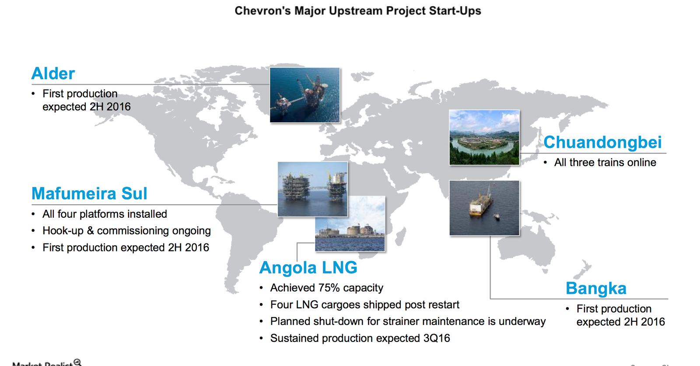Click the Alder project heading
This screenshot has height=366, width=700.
pyautogui.click(x=53, y=73)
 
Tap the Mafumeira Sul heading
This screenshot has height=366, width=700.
pyautogui.click(x=89, y=193)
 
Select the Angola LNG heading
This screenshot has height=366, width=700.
pyautogui.click(x=308, y=267)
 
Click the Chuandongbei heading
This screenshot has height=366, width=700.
pyautogui.click(x=602, y=142)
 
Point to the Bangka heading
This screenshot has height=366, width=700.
pyautogui.click(x=596, y=288)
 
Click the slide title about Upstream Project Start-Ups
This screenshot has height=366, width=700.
pyautogui.click(x=357, y=10)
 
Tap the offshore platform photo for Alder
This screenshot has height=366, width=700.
pyautogui.click(x=304, y=95)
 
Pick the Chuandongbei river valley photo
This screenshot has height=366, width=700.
pyautogui.click(x=484, y=137)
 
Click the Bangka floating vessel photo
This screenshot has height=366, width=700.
pyautogui.click(x=484, y=208)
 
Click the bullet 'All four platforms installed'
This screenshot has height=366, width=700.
pyautogui.click(x=105, y=214)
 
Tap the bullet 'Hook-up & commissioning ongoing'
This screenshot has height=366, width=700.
pyautogui.click(x=126, y=230)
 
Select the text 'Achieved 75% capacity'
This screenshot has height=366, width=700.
pyautogui.click(x=326, y=288)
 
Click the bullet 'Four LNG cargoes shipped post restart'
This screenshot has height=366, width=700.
pyautogui.click(x=364, y=304)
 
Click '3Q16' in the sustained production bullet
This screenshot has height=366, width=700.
pyautogui.click(x=436, y=338)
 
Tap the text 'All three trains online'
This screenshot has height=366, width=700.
pyautogui.click(x=605, y=162)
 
